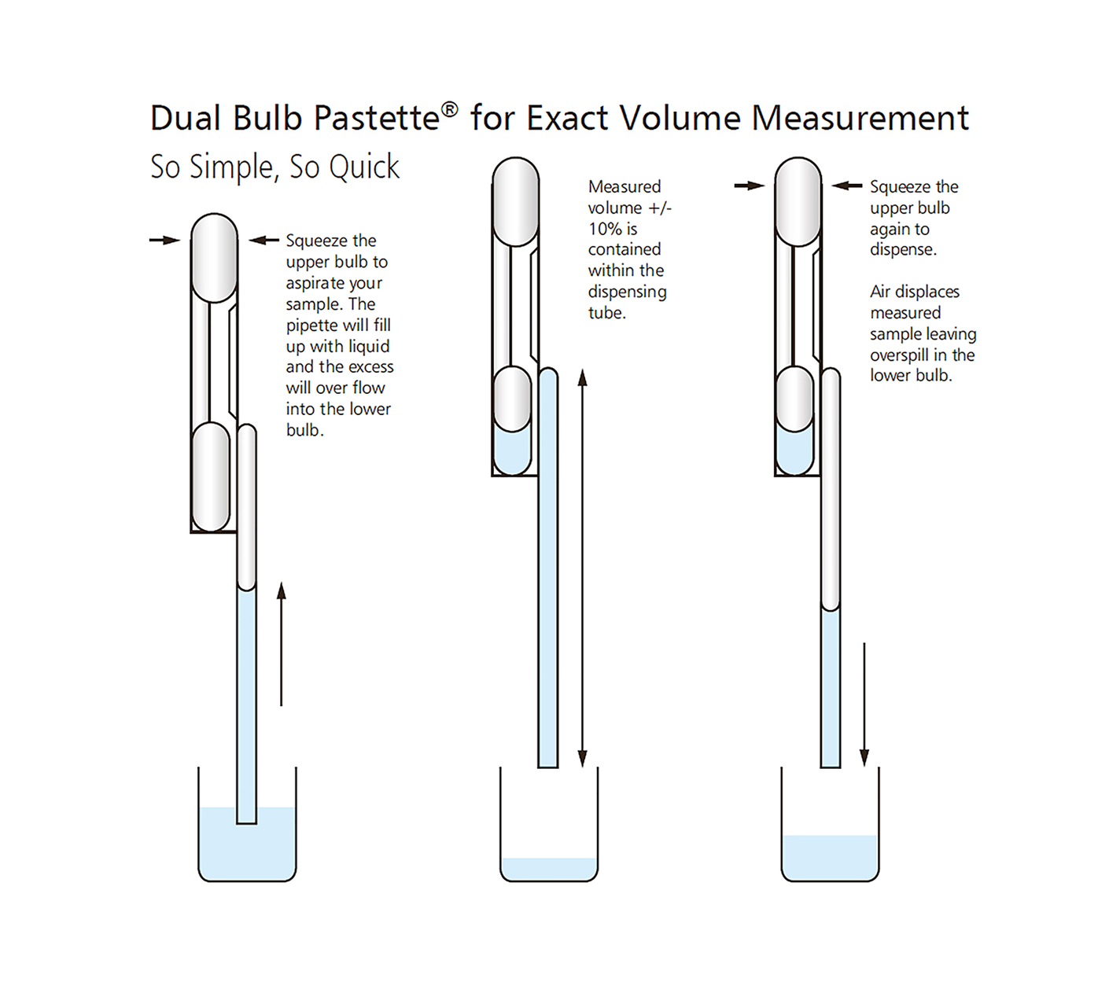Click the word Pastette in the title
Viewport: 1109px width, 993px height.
[x=378, y=118]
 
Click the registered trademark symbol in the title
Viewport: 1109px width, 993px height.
[x=449, y=110]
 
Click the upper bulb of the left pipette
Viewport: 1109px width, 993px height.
[x=214, y=258]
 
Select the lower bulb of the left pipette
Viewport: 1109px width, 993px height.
[x=211, y=477]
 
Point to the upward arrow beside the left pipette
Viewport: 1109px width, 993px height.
[x=282, y=644]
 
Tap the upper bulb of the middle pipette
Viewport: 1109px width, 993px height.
[x=516, y=202]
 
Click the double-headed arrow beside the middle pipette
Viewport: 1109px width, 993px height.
[x=582, y=568]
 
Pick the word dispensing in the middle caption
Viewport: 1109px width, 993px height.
[x=628, y=292]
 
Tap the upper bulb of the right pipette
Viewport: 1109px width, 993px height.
[x=798, y=202]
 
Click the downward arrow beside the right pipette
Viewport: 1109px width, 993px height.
[x=864, y=704]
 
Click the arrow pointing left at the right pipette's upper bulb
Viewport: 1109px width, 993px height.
[x=847, y=186]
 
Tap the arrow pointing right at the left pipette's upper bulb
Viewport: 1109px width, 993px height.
[x=164, y=240]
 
